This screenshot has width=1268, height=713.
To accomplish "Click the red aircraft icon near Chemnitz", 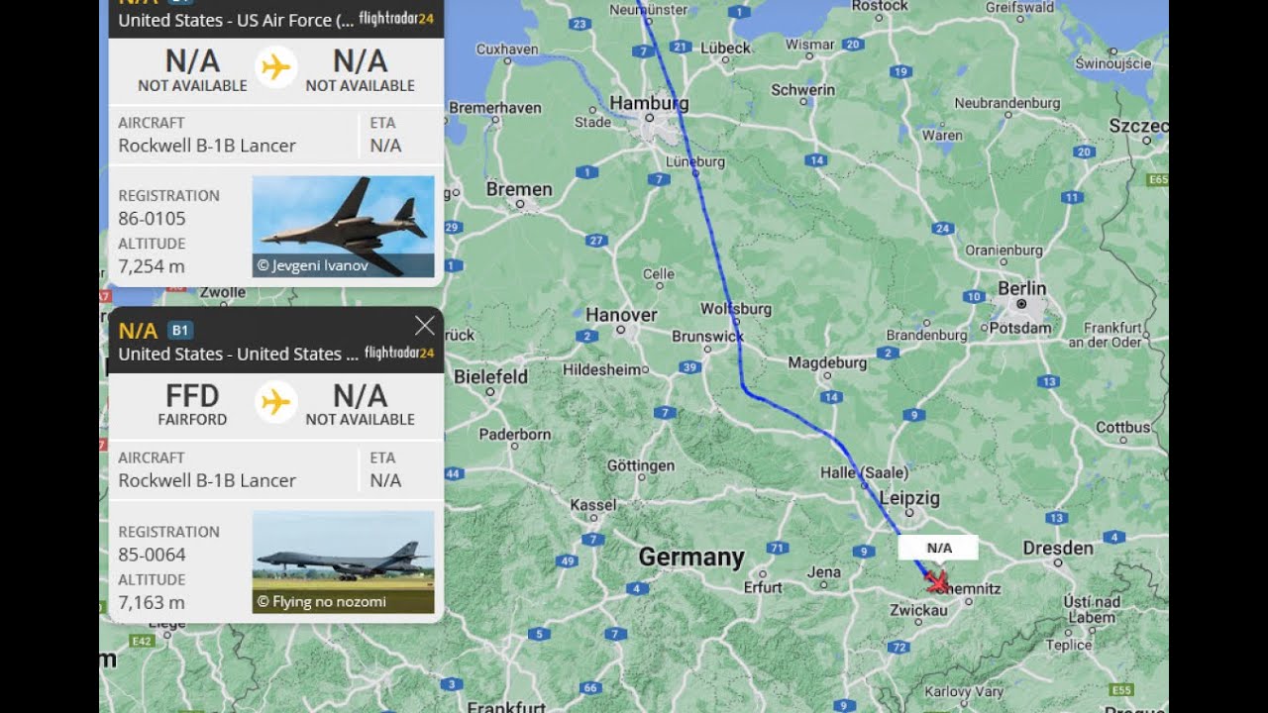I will pyautogui.click(x=936, y=581).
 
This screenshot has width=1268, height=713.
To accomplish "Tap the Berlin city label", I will pyautogui.click(x=1021, y=288).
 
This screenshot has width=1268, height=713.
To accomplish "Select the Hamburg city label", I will pyautogui.click(x=649, y=103).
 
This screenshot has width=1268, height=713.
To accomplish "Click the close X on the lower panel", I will pyautogui.click(x=425, y=326).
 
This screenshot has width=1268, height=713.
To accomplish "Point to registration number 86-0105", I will pyautogui.click(x=152, y=218).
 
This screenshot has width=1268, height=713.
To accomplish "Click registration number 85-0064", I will pyautogui.click(x=152, y=555).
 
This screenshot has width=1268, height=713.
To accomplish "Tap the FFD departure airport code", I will pyautogui.click(x=192, y=396).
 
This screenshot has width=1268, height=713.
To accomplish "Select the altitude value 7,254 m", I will pyautogui.click(x=152, y=266).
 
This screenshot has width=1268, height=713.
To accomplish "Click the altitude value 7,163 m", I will pyautogui.click(x=152, y=602).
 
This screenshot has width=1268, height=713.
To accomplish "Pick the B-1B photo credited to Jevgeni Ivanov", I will pyautogui.click(x=343, y=226).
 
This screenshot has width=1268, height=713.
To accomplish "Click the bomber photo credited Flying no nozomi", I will pyautogui.click(x=343, y=561).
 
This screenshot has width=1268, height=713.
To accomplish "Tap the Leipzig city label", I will pyautogui.click(x=908, y=497).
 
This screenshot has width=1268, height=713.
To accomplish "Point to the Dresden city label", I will pyautogui.click(x=1058, y=548).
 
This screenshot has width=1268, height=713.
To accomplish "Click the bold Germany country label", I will pyautogui.click(x=690, y=557).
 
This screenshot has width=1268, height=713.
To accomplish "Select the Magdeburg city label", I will pyautogui.click(x=827, y=363).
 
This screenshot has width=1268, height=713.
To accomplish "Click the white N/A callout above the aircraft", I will pyautogui.click(x=938, y=548).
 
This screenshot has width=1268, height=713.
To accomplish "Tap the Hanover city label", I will pyautogui.click(x=621, y=315).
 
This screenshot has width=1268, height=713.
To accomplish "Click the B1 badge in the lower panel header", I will pyautogui.click(x=180, y=330).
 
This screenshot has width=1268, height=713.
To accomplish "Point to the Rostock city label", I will pyautogui.click(x=880, y=6).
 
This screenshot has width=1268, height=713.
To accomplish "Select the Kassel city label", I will pyautogui.click(x=593, y=505).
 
